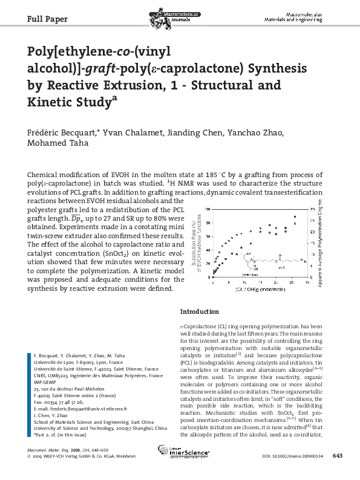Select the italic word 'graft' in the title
tap(108, 68)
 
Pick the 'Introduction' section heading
tap(200, 312)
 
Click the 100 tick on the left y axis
tap(208, 209)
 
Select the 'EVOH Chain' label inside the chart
tap(241, 274)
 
